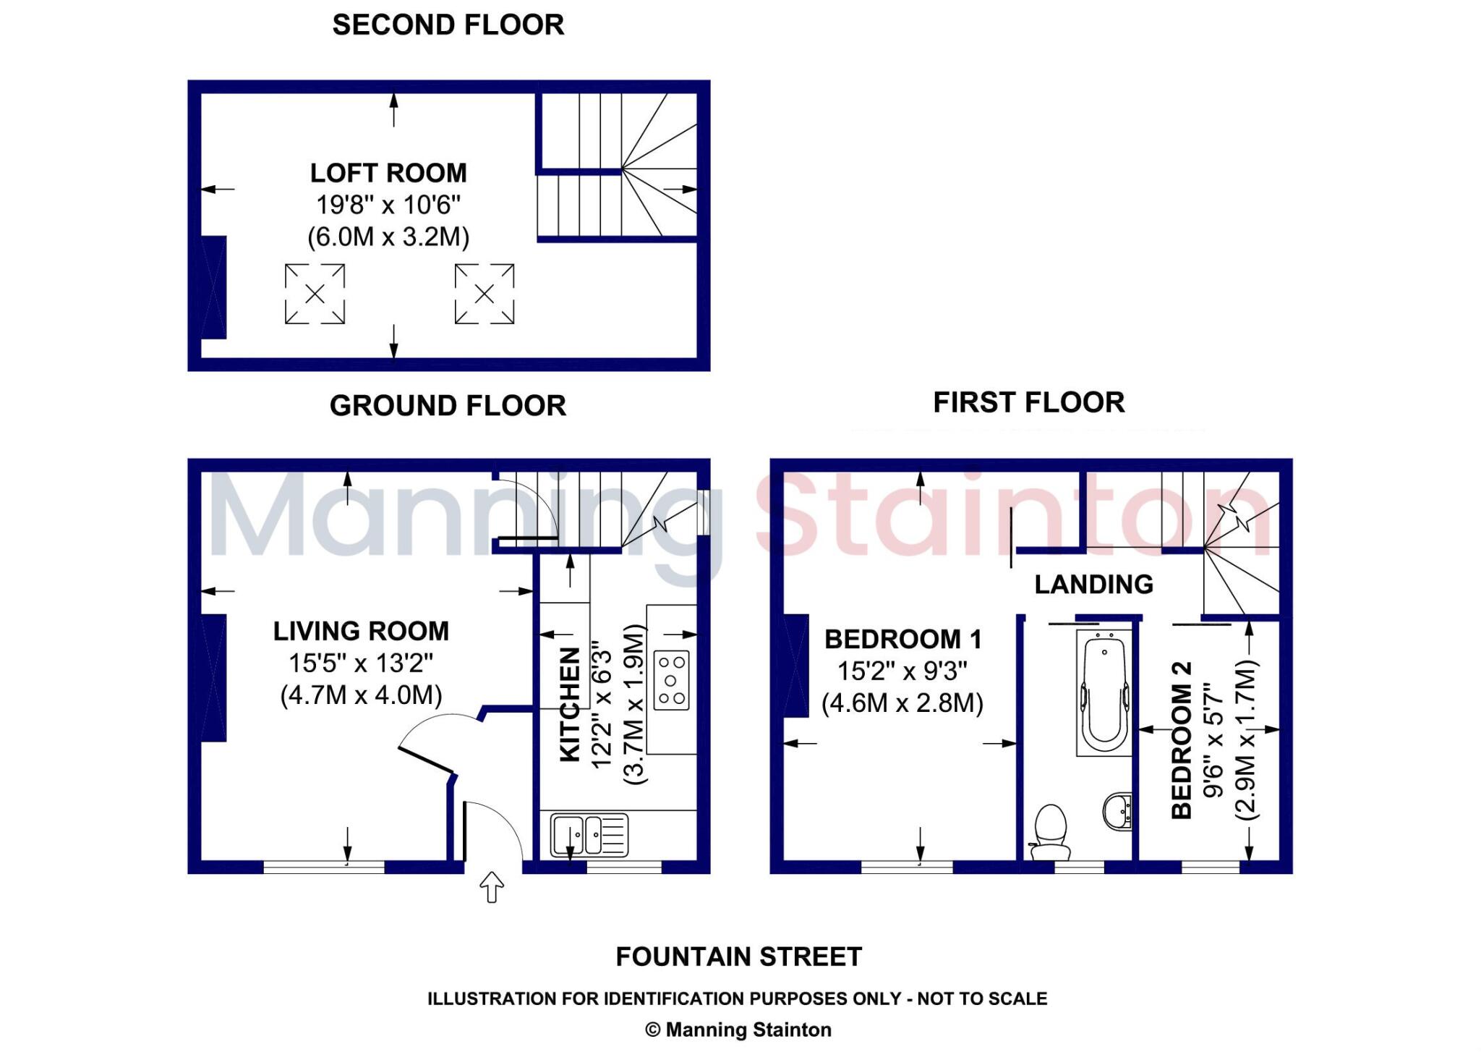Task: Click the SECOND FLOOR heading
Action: [x=448, y=25]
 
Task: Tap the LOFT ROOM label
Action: [x=388, y=174]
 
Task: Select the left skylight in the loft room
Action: [x=315, y=294]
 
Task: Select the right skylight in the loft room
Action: [x=485, y=294]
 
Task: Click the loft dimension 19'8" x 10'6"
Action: [x=388, y=205]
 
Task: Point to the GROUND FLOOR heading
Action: [x=448, y=406]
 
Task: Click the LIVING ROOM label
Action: [x=361, y=632]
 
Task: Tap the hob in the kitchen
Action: [x=671, y=680]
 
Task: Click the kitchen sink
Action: [x=589, y=835]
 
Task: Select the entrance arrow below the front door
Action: [x=492, y=887]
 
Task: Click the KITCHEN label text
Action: [x=571, y=704]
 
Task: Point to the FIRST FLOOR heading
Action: [x=1028, y=403]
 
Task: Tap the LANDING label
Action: [x=1093, y=585]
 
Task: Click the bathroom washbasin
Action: [x=1117, y=810]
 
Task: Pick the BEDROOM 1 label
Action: [x=903, y=640]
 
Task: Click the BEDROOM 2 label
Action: [x=1181, y=739]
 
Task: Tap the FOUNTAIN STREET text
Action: [x=738, y=957]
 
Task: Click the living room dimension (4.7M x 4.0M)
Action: [x=361, y=695]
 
